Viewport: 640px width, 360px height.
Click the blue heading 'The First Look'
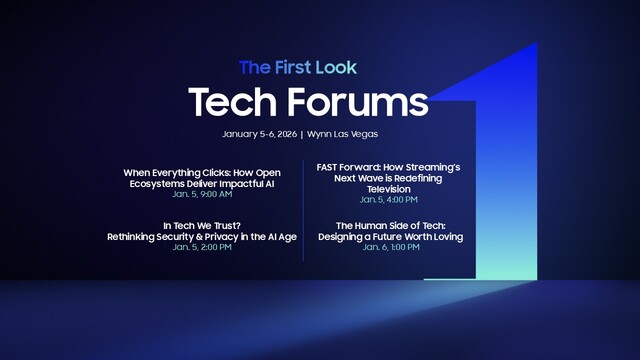coord(297,68)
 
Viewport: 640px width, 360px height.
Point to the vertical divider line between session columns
coord(303,210)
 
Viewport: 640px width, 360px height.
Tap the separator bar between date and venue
coord(301,134)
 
